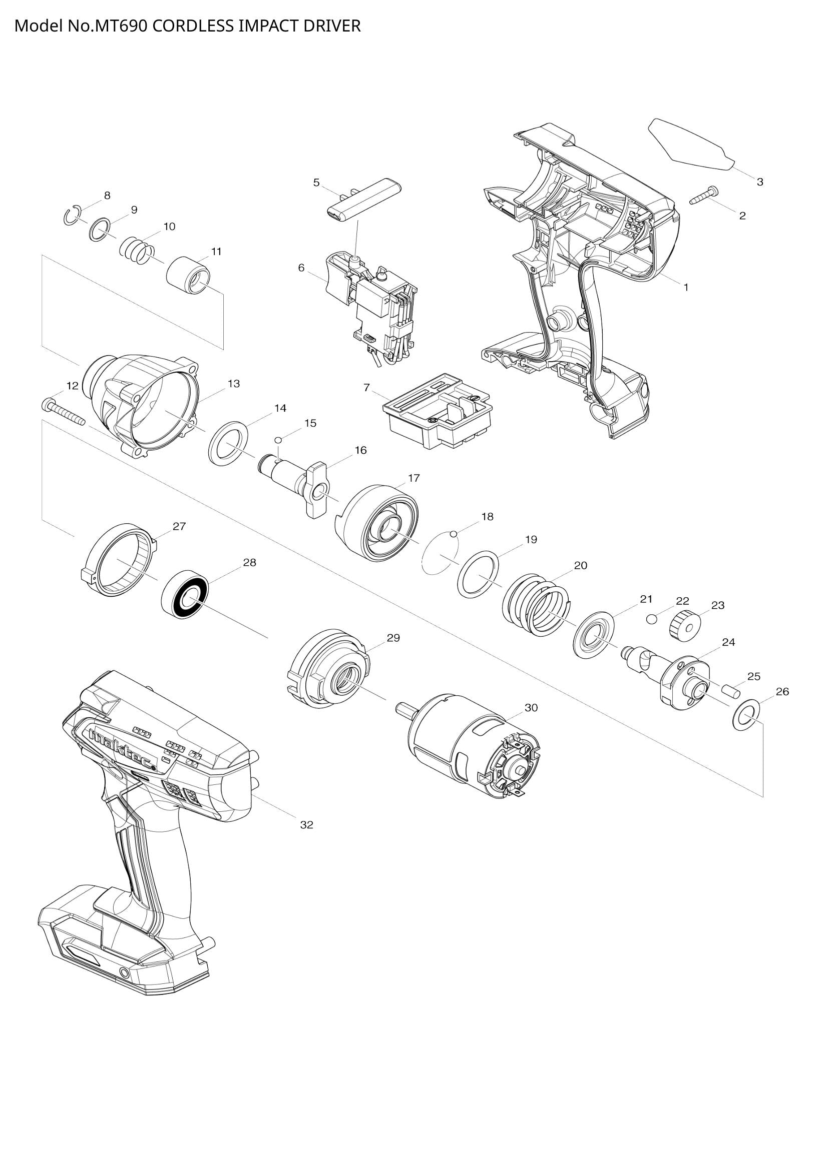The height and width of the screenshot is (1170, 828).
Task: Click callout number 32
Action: [x=306, y=824]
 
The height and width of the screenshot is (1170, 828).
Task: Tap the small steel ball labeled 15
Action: [x=278, y=440]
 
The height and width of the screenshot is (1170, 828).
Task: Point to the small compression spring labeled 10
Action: [x=137, y=250]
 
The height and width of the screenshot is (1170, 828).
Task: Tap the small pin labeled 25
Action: [x=730, y=691]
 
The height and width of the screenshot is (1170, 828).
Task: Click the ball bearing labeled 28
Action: [x=185, y=594]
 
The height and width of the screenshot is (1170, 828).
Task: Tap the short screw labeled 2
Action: [x=703, y=196]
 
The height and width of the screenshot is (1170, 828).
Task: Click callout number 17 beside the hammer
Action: [x=413, y=478]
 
